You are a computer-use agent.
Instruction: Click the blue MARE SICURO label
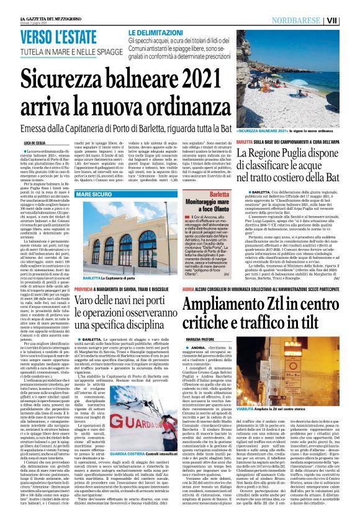coord(96,196)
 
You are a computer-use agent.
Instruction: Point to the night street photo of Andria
coord(299,369)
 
